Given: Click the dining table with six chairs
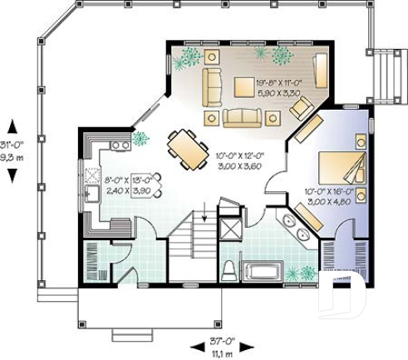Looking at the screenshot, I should point(189,149).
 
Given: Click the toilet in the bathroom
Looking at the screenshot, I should point(229,271).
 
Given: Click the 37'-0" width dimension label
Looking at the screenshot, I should point(221,341).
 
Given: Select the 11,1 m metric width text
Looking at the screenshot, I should point(221,353).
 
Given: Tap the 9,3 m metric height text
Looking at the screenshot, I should point(12,155).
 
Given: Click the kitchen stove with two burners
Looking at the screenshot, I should point(120,145).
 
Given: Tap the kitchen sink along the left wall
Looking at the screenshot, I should point(91,195).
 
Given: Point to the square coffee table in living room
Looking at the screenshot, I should point(243,86).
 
